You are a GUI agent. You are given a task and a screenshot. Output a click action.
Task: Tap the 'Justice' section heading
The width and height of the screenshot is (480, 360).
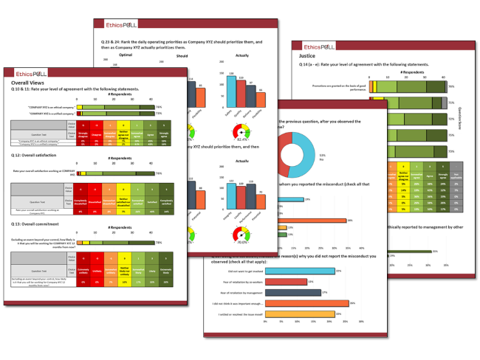309,55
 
